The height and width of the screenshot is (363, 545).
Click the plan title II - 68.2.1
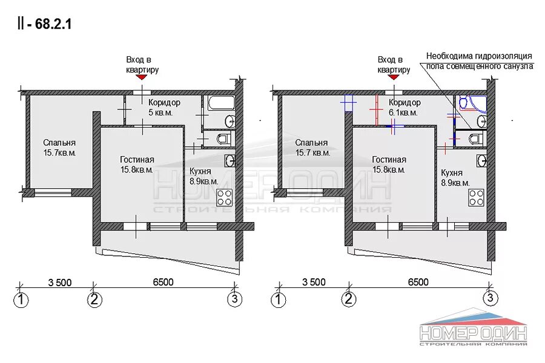44,24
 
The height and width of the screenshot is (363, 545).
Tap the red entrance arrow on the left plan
142,77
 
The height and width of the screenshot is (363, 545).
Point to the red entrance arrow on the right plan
394,77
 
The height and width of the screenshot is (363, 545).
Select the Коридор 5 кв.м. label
163,107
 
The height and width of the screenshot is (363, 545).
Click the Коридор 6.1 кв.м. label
405,107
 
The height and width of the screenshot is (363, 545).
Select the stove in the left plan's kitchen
225,197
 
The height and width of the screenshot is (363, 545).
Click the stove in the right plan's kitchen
476,197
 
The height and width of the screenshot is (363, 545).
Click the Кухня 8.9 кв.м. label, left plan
204,176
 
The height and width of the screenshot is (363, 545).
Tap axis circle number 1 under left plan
21,299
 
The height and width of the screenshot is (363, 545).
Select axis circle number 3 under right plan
490,298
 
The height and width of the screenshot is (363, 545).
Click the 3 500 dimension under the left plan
60,283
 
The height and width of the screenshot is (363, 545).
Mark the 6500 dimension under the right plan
418,282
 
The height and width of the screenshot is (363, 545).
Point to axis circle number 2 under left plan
94,299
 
